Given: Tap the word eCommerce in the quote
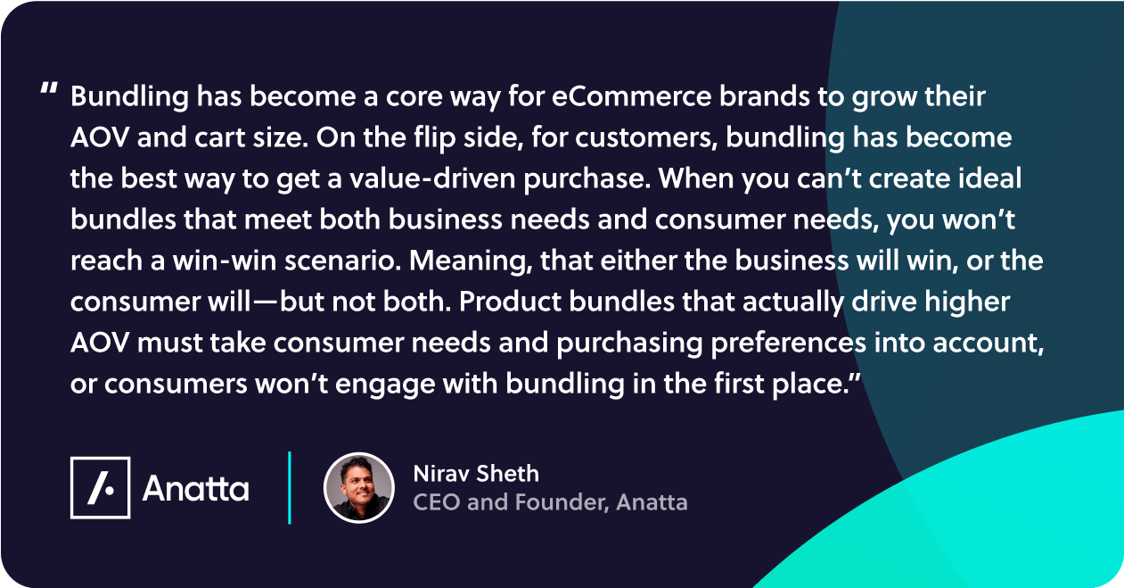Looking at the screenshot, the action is click(x=631, y=95).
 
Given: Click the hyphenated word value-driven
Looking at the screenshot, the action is click(x=432, y=178).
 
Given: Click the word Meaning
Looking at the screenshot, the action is click(x=470, y=261).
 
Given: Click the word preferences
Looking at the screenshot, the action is click(x=789, y=344).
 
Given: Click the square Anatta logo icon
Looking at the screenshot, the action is click(x=101, y=487).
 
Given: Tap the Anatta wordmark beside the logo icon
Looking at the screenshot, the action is click(x=196, y=488).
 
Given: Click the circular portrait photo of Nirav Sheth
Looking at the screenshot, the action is click(x=359, y=488).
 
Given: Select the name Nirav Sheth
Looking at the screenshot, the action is click(x=476, y=474).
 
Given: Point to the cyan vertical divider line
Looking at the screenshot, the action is click(x=290, y=487).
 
